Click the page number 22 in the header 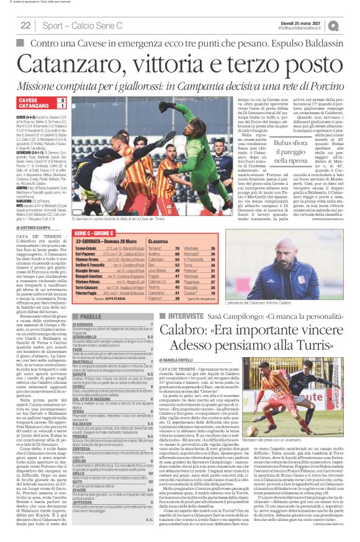[x=25, y=25]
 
